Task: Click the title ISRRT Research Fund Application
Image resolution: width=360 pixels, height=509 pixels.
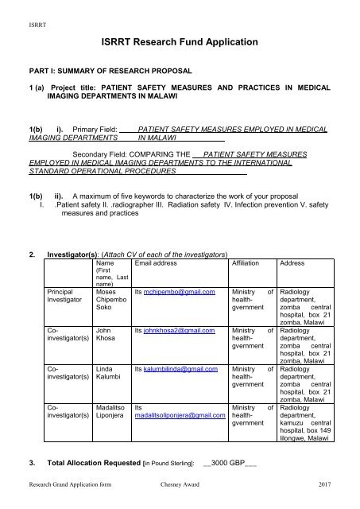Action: click(180, 41)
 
